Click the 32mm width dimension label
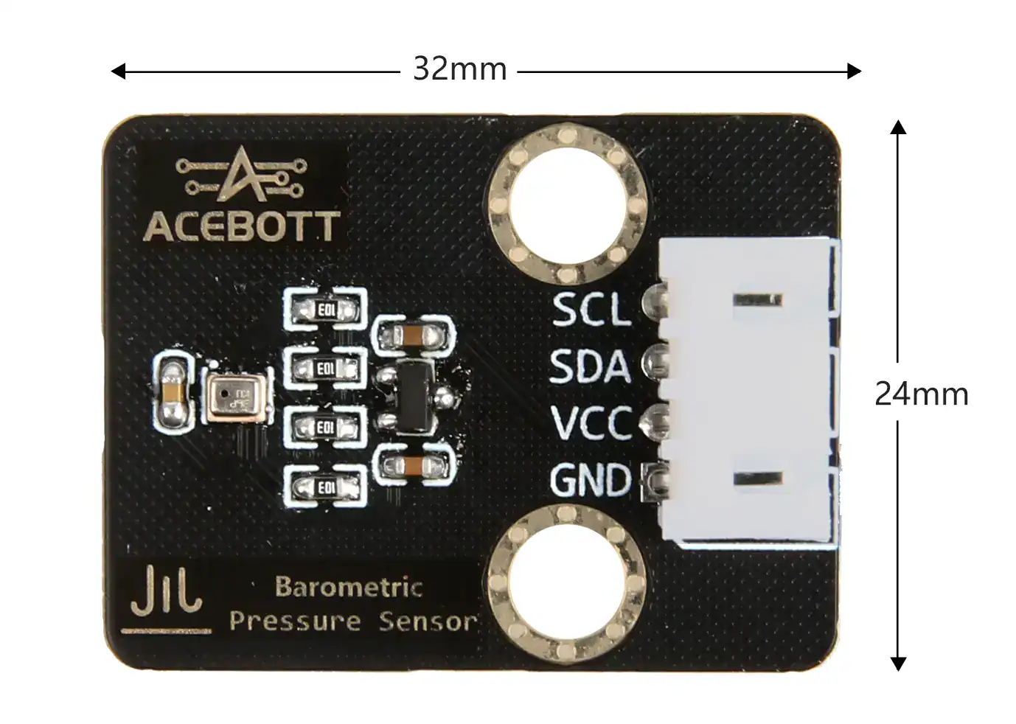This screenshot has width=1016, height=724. [459, 69]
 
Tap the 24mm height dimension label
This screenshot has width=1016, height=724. [921, 394]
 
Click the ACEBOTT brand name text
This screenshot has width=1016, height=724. [241, 227]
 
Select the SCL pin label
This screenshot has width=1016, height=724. [591, 310]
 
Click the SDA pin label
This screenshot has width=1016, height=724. [590, 366]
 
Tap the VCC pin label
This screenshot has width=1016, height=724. [591, 422]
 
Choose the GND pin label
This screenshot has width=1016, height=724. [590, 480]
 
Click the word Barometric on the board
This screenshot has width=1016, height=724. [348, 587]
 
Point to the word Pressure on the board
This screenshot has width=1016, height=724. [295, 621]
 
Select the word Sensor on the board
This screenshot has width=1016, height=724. [428, 622]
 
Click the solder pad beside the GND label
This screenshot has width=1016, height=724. [655, 481]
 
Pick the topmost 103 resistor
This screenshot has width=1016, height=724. [324, 310]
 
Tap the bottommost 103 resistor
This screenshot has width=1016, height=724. [324, 488]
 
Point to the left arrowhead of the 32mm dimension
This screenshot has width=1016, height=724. [118, 72]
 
